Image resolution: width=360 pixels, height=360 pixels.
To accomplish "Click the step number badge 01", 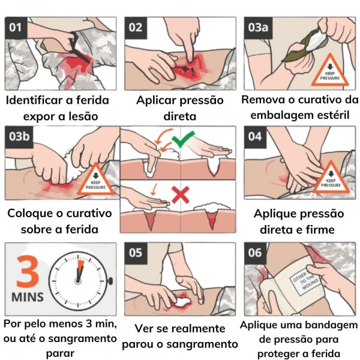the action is point(16,28).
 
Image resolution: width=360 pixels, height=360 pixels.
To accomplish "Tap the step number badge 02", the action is point(136,28).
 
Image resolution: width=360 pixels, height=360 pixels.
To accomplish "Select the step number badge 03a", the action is point(258,28).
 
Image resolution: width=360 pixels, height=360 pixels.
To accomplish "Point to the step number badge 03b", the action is point(19,137).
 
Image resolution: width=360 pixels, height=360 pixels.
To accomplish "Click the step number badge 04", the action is point(255,137).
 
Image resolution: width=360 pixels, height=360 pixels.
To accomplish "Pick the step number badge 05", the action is point(136,253).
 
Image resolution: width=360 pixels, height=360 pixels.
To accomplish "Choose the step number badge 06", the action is point(255,253).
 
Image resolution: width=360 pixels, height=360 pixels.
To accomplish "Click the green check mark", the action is point(183,140).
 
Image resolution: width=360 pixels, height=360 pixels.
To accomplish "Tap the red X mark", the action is point(181,195).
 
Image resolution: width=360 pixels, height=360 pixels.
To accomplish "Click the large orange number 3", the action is point(28,272).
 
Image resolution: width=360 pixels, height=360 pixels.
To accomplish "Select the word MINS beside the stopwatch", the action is point(28,297).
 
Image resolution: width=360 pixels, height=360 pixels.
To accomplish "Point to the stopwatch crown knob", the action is point(110,281).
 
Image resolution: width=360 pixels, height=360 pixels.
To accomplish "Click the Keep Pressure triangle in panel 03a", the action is point(330,70).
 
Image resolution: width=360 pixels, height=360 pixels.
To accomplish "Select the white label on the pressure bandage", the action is point(305,281).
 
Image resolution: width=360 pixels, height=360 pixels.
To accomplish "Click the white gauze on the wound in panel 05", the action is point(182,302).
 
